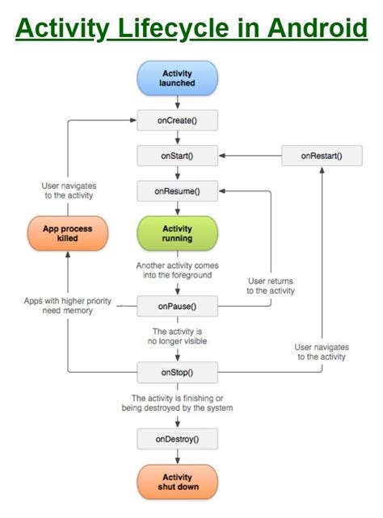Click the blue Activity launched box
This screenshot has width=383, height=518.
(177, 78)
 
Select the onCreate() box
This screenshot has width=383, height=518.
(177, 121)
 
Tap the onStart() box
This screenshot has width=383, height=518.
(177, 156)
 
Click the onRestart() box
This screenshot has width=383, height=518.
(321, 156)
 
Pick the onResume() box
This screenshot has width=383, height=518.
(177, 192)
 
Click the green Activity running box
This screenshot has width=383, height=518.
(177, 234)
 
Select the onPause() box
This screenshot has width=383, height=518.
(177, 306)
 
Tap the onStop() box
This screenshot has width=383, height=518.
(177, 372)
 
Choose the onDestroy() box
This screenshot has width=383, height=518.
(177, 439)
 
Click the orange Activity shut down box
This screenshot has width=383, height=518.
(177, 482)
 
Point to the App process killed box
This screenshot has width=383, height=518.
(67, 234)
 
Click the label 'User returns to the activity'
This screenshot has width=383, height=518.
(271, 286)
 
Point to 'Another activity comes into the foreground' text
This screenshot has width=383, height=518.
(177, 271)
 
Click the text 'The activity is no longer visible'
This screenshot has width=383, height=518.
(177, 337)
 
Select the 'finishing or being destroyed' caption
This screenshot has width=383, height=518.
(182, 403)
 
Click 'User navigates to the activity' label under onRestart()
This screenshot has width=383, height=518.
(321, 351)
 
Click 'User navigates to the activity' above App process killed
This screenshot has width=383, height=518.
(68, 190)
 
